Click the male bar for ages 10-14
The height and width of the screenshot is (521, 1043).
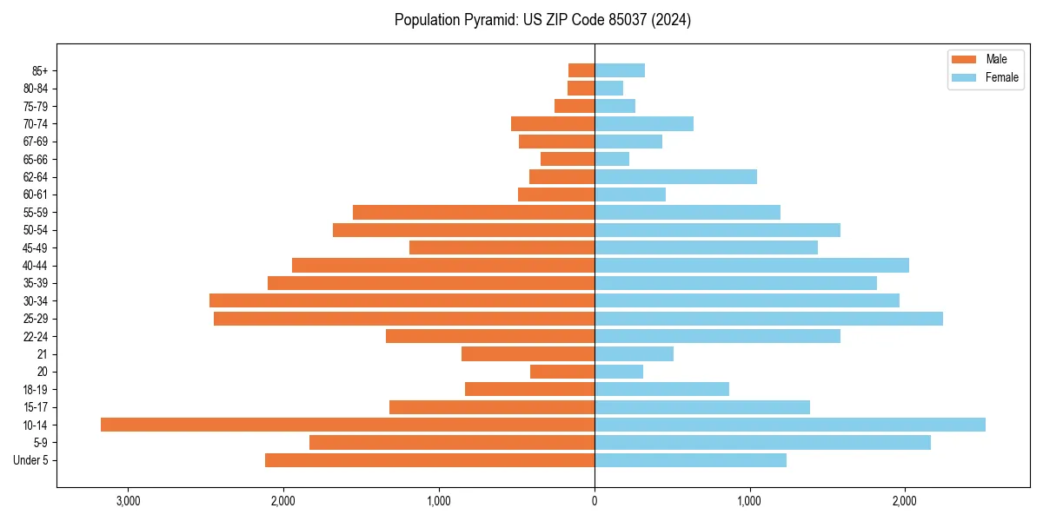pos(348,425)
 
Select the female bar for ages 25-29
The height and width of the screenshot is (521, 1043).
pos(768,319)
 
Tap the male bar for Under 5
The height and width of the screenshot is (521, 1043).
pos(429,460)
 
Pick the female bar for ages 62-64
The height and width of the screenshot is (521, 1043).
pos(675,177)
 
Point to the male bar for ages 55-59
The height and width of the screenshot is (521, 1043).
pos(474,213)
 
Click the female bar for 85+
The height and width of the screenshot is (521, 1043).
pos(620,70)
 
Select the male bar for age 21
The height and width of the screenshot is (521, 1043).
pos(528,354)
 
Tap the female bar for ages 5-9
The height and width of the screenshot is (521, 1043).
pos(762,443)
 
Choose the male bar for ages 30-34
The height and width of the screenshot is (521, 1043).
pos(402,300)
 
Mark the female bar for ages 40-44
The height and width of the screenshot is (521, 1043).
pos(752,266)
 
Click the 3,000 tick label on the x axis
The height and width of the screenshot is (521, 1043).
pos(128,501)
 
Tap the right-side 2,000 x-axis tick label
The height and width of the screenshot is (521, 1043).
pos(905,501)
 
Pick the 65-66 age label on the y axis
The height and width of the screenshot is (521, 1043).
pos(36,160)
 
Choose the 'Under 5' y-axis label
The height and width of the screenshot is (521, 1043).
pos(30,460)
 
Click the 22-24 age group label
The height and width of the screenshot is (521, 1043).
pos(36,337)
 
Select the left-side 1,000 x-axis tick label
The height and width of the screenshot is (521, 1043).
pos(439,501)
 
